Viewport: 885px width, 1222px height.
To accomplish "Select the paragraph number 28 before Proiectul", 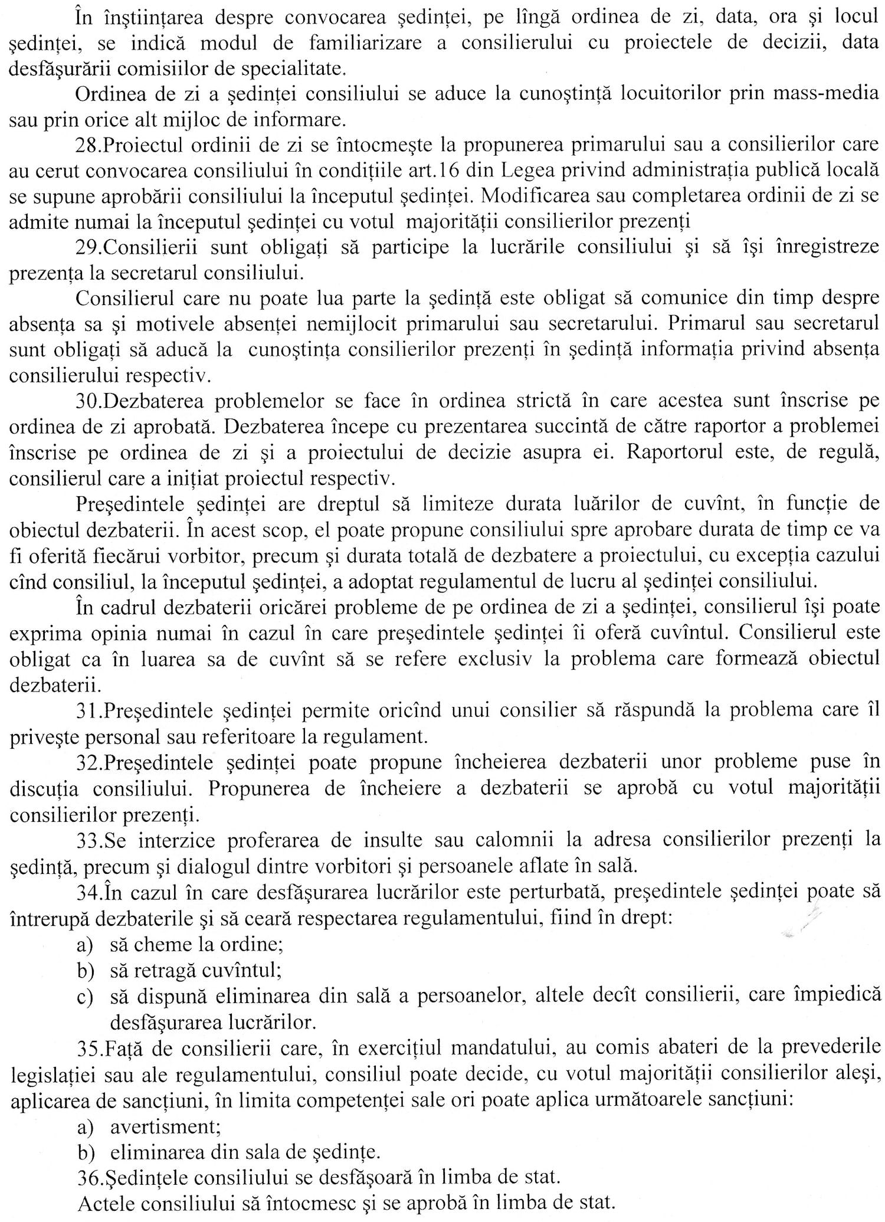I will click(88, 145).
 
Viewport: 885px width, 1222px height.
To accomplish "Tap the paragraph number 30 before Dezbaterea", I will click(88, 401).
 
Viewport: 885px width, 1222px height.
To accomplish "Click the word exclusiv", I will click(493, 658).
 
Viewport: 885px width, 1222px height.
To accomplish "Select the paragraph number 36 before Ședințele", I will click(88, 1178).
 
